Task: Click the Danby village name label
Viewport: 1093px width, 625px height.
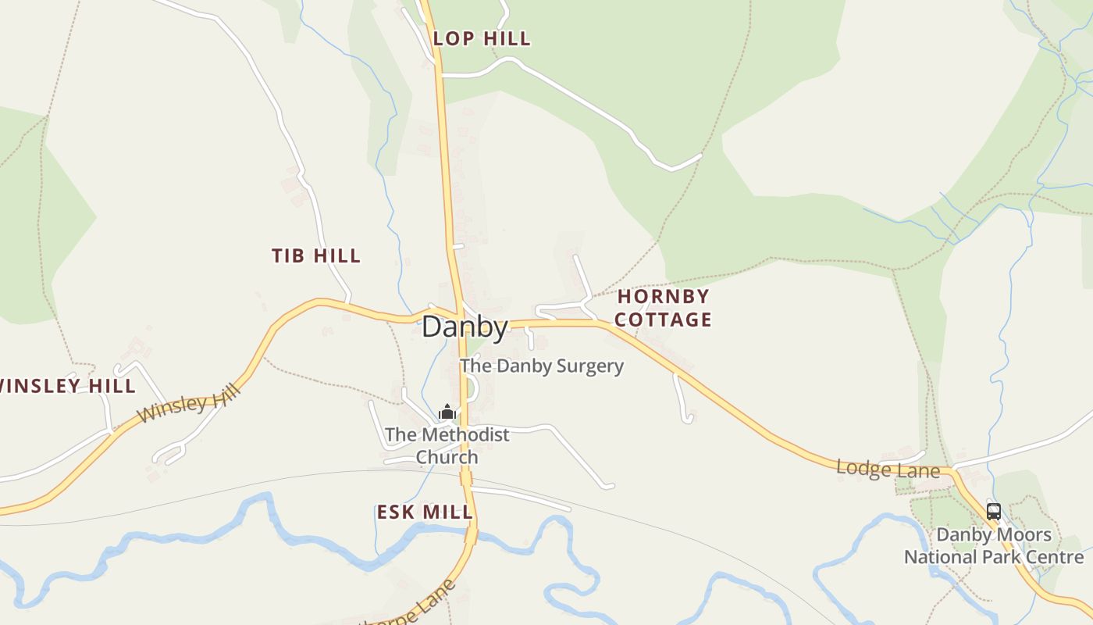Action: [x=465, y=327]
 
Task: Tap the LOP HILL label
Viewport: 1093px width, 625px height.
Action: [x=482, y=38]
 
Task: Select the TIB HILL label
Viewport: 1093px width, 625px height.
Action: [x=316, y=255]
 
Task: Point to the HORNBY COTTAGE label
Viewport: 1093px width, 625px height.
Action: [x=664, y=308]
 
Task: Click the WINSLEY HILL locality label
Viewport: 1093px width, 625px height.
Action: [x=68, y=386]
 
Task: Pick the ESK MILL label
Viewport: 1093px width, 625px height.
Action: [x=425, y=512]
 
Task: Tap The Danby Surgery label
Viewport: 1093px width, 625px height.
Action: [x=542, y=366]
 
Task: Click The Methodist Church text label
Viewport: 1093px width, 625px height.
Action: [x=447, y=445]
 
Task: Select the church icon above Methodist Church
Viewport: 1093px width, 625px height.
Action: [x=447, y=412]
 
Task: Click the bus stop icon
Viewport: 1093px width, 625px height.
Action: [x=993, y=512]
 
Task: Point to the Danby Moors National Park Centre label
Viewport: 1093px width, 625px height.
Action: [x=994, y=546]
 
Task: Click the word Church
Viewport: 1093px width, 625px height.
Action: [x=447, y=457]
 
